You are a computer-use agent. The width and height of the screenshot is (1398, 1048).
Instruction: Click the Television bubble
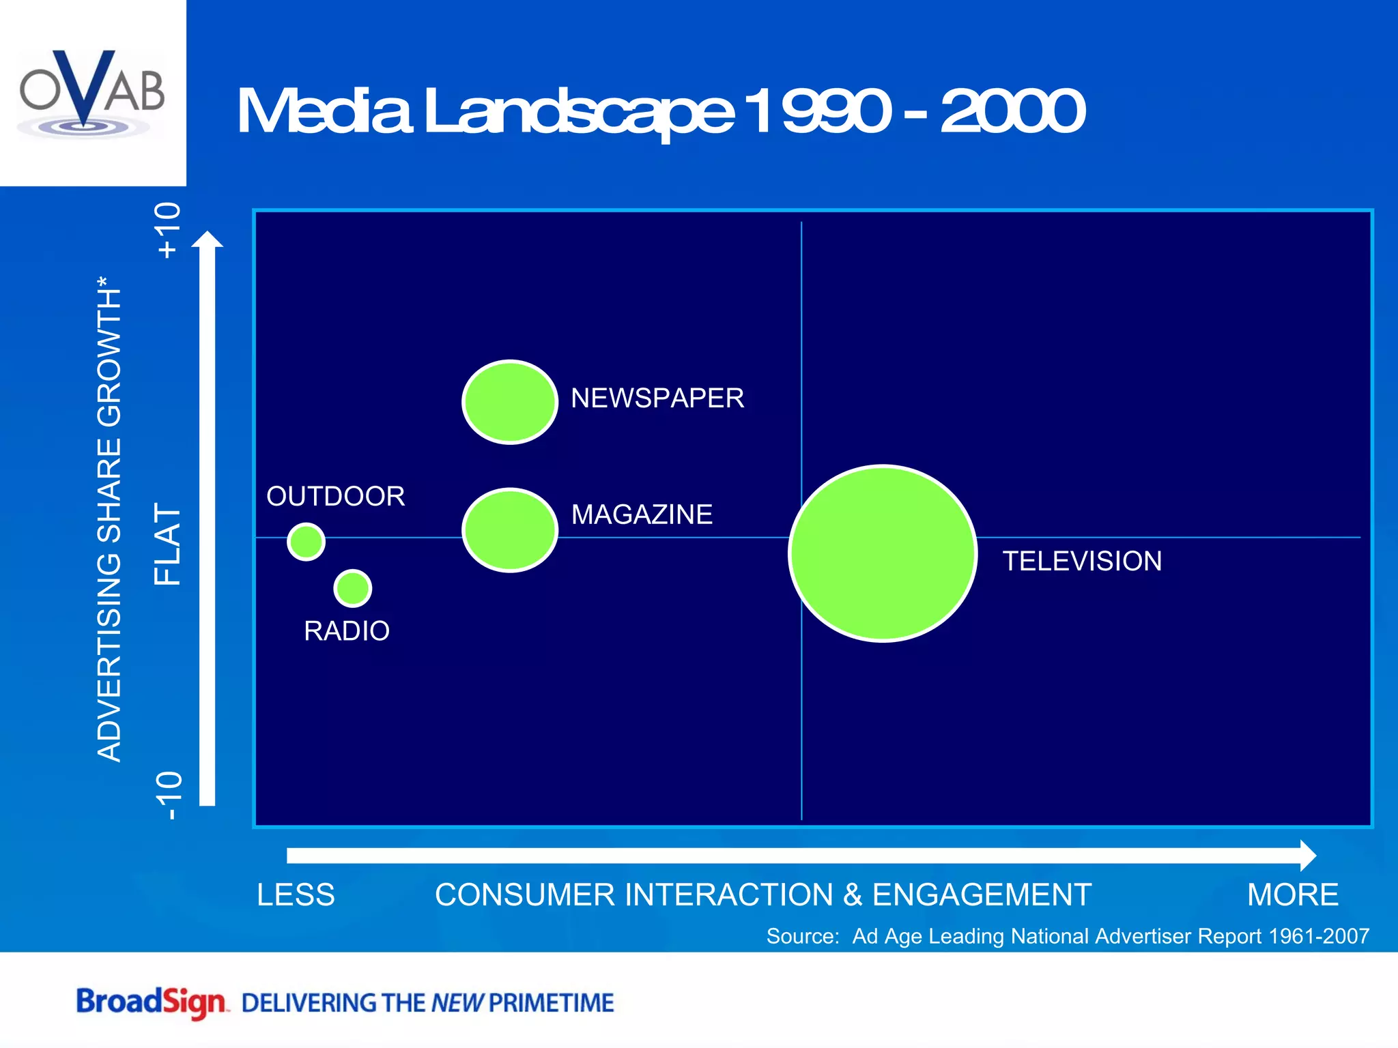[x=883, y=553]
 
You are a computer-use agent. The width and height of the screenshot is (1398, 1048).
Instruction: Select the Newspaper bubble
[x=510, y=402]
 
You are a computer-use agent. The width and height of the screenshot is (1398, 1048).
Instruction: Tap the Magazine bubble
[x=510, y=530]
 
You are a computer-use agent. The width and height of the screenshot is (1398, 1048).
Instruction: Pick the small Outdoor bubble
[x=306, y=542]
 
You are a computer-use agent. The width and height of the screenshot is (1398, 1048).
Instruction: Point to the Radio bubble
[x=353, y=588]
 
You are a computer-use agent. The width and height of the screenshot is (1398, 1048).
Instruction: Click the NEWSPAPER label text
[x=657, y=398]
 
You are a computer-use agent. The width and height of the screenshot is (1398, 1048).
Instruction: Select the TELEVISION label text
[x=1081, y=562]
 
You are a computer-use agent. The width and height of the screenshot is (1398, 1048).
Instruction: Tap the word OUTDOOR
[x=335, y=497]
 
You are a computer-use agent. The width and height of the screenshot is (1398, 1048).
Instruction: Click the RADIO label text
[x=347, y=631]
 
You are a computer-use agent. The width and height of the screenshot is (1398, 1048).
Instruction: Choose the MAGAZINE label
[x=642, y=514]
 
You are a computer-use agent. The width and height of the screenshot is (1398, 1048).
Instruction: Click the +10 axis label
[x=168, y=231]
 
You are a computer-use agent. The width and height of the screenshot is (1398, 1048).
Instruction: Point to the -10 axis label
[x=168, y=796]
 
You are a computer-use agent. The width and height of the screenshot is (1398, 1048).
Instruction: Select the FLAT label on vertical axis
[x=168, y=544]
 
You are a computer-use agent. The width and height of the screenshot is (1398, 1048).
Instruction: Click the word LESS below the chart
[x=296, y=894]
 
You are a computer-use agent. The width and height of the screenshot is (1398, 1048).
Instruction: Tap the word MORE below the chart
[x=1292, y=894]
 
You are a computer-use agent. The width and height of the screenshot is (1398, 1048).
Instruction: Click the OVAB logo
[x=92, y=92]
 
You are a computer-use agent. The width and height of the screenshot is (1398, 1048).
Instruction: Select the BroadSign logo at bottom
[x=151, y=1002]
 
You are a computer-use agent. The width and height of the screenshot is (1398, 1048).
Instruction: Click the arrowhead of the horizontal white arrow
[x=1307, y=856]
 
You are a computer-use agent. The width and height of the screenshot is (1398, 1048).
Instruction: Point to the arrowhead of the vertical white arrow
[x=207, y=241]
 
